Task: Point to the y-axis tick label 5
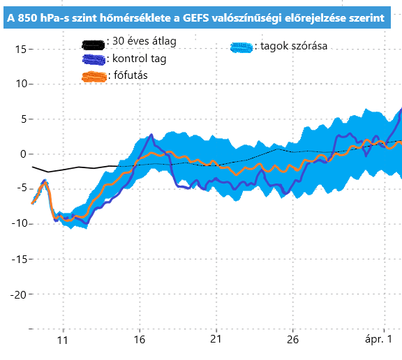(x=22, y=119)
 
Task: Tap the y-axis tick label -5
(x=19, y=188)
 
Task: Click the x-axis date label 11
(x=63, y=340)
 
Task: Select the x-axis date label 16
(x=140, y=340)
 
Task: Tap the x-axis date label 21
(x=216, y=340)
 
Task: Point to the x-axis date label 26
(x=293, y=340)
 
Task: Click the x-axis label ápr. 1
(x=382, y=340)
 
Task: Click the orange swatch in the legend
(x=93, y=75)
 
